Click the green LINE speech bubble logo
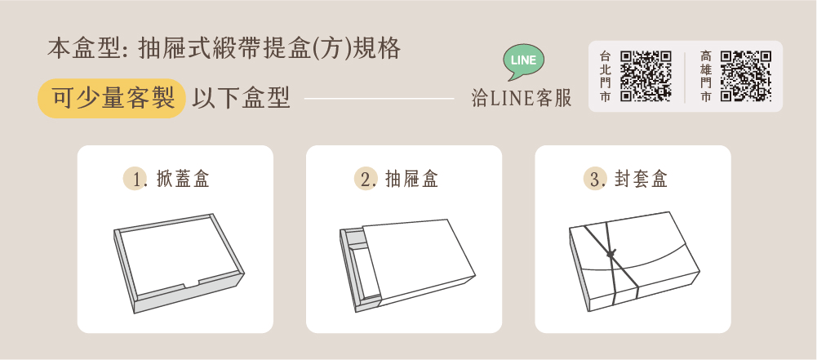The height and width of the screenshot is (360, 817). [x=524, y=61]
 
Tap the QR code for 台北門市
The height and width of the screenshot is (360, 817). [x=646, y=76]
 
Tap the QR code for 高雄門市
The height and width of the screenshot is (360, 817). [x=746, y=76]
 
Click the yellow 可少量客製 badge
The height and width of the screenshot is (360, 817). [x=112, y=99]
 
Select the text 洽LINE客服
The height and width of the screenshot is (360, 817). [x=521, y=98]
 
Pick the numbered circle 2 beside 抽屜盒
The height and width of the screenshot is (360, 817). [x=366, y=179]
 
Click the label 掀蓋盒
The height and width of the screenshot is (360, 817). [x=183, y=179]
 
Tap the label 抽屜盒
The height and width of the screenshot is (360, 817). [x=412, y=179]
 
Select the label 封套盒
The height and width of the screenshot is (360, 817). [x=642, y=179]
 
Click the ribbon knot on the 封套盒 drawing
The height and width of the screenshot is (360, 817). [x=611, y=254]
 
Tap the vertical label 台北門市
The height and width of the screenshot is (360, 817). [x=605, y=76]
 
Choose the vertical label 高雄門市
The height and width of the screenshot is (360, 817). [x=705, y=76]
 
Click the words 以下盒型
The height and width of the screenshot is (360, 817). [x=242, y=98]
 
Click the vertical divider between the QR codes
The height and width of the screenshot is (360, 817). [x=685, y=77]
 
